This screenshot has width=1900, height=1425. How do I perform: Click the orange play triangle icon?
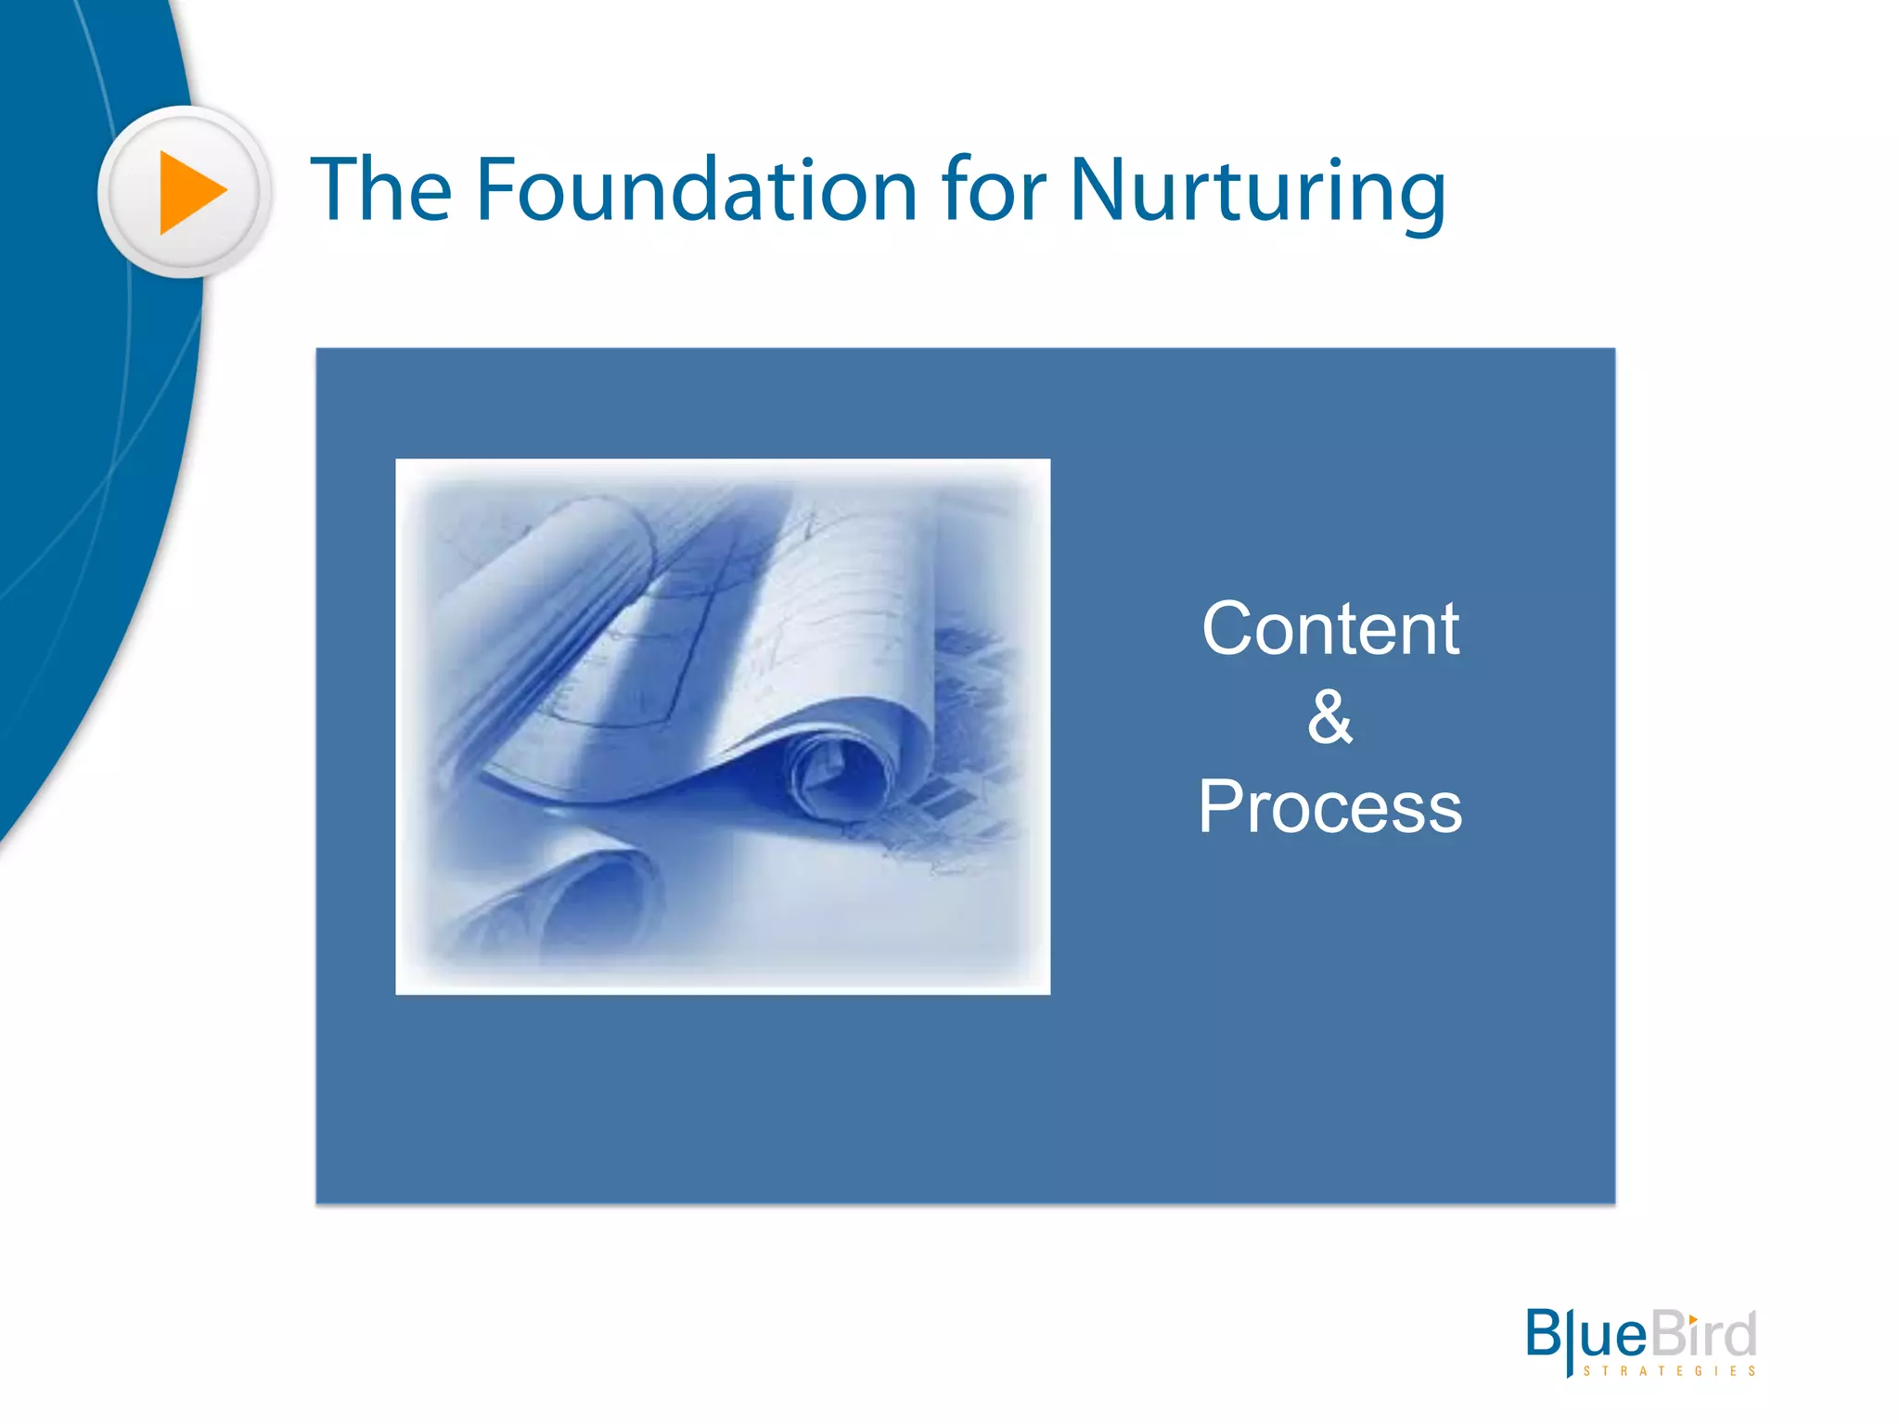189,192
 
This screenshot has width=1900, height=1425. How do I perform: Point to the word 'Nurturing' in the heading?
1257,193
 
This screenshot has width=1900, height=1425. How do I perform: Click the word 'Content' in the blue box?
1330,629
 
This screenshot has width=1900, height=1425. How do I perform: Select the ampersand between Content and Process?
1330,717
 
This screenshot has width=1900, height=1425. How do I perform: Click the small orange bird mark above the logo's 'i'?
1693,1319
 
